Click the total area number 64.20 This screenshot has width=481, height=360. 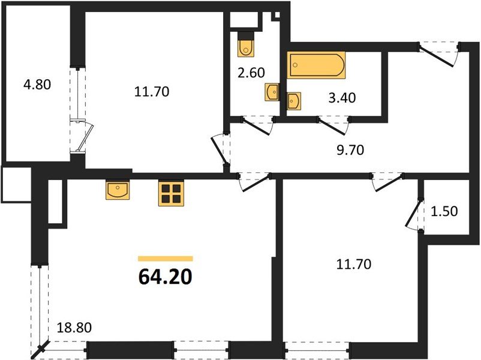point(164,277)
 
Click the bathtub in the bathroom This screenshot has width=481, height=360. point(317,65)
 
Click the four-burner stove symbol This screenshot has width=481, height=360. point(171,194)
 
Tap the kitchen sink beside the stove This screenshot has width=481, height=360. point(118,191)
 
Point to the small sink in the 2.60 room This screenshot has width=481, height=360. point(272,92)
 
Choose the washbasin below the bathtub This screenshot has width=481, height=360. point(294,101)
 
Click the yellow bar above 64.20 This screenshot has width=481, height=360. point(166,259)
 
